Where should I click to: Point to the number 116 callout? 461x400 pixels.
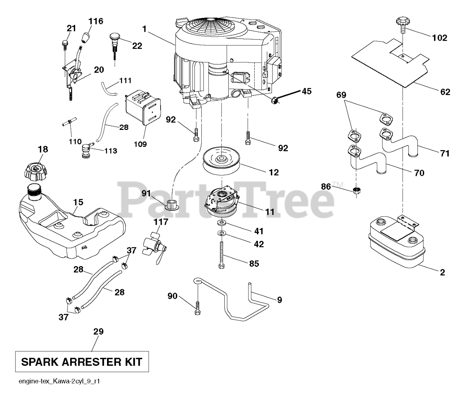(96, 21)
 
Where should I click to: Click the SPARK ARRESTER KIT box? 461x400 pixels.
(82, 361)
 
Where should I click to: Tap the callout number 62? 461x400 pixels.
(445, 92)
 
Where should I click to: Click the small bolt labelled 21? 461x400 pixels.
(65, 44)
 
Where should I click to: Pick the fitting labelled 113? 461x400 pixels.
(86, 149)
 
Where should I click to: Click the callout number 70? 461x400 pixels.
(419, 173)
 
